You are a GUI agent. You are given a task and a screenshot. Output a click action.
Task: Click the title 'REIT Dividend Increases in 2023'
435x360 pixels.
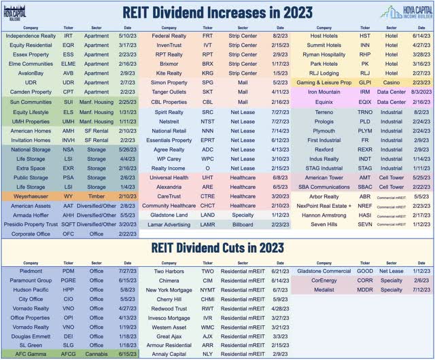pyautogui.click(x=217, y=12)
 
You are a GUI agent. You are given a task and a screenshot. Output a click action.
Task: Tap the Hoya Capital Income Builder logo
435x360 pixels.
pyautogui.click(x=404, y=12)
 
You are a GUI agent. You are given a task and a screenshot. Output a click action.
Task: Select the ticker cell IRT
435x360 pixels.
pyautogui.click(x=68, y=35)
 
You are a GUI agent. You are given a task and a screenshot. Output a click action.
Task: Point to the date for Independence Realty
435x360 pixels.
pyautogui.click(x=128, y=35)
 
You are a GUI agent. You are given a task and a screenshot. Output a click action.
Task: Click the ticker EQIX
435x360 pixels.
pyautogui.click(x=364, y=101)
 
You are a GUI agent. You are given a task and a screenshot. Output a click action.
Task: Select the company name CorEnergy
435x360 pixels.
pyautogui.click(x=323, y=278)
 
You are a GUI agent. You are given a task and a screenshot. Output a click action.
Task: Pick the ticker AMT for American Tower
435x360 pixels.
pyautogui.click(x=364, y=177)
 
